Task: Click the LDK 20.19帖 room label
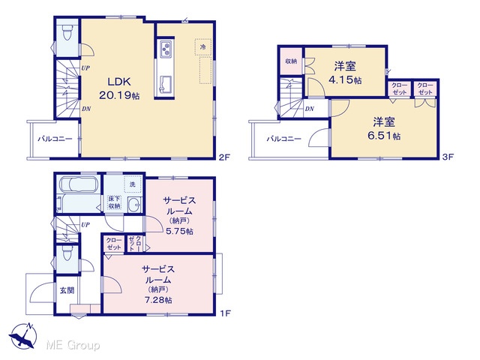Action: coord(119,88)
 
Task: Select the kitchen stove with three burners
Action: coord(166,48)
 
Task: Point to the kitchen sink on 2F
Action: coord(166,84)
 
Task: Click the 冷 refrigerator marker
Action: coord(203,47)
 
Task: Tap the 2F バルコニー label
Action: coord(55,139)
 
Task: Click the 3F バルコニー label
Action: coord(283,139)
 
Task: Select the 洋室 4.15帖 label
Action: coord(345,73)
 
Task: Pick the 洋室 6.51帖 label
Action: coord(384,128)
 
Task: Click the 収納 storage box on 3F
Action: coord(291,61)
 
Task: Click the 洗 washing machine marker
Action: coord(133,184)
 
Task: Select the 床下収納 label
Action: coord(114,202)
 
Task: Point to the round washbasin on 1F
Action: coord(133,205)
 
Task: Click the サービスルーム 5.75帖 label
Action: coord(179,215)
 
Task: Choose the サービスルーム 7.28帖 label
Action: coord(158,284)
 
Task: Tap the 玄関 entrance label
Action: coord(67,290)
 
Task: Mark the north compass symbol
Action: coord(23,336)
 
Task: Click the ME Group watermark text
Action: coord(73,346)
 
